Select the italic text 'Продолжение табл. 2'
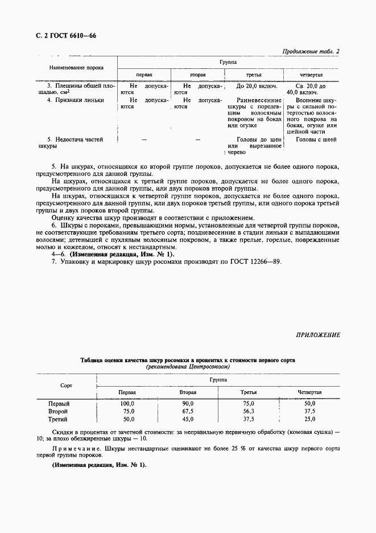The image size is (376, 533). pos(311,52)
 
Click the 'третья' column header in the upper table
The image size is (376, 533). pos(253,75)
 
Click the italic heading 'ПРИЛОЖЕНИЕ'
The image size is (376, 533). pos(317,335)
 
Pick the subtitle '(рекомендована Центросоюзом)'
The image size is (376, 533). pos(188,367)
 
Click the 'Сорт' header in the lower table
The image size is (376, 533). pos(66,386)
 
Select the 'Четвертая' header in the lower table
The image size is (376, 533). pos(309,392)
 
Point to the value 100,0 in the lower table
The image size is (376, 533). pos(127,403)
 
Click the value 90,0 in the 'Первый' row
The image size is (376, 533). pos(188,403)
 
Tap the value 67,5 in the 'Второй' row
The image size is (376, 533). pos(188,411)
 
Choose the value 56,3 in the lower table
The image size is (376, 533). pos(249,411)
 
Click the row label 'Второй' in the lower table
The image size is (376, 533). pos(59,411)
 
